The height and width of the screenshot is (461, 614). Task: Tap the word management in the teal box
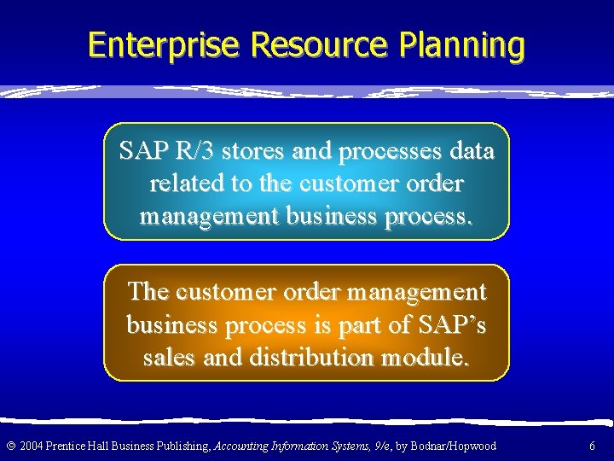[210, 215]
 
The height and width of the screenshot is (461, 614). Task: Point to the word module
[426, 357]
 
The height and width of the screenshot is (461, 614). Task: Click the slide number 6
[592, 446]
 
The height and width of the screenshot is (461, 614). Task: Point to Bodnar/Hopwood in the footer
[454, 446]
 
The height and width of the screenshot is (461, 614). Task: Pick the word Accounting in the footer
[242, 446]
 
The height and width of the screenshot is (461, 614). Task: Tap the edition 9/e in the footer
[381, 446]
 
